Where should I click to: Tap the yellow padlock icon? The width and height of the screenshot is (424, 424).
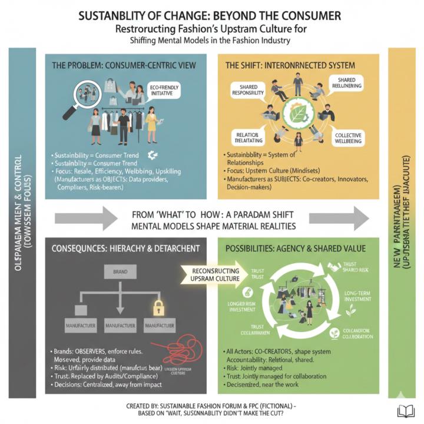[158, 306]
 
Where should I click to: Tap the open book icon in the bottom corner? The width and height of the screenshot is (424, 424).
[408, 409]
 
